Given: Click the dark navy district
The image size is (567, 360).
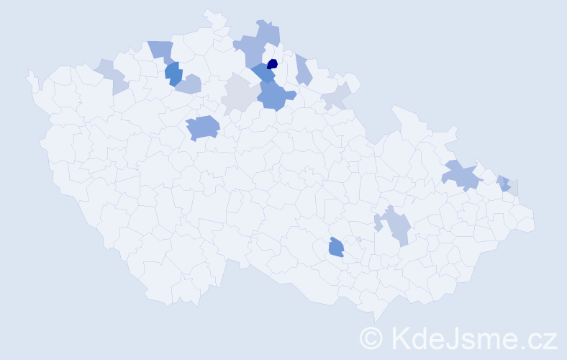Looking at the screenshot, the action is [x=272, y=63].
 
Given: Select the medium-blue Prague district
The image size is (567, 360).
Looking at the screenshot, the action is [x=203, y=127].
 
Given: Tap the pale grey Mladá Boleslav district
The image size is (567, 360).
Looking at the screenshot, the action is [x=237, y=96].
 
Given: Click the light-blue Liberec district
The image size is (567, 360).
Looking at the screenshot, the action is [x=251, y=50].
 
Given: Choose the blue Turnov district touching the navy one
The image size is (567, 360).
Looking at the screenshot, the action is [x=263, y=73].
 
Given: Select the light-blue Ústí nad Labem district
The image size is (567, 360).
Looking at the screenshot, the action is [x=161, y=50].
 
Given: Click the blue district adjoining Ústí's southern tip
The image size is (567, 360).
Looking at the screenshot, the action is [x=173, y=73].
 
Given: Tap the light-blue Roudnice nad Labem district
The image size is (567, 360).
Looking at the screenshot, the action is [x=188, y=85].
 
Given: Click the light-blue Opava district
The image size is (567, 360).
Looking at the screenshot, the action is [x=461, y=175].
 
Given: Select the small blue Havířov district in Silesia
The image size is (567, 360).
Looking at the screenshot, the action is [x=504, y=183].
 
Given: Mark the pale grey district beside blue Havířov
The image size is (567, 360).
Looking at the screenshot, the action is [x=514, y=188].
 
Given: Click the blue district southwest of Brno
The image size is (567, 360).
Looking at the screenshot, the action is [x=336, y=247].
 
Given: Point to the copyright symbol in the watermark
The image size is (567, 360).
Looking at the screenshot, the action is [x=371, y=337].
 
